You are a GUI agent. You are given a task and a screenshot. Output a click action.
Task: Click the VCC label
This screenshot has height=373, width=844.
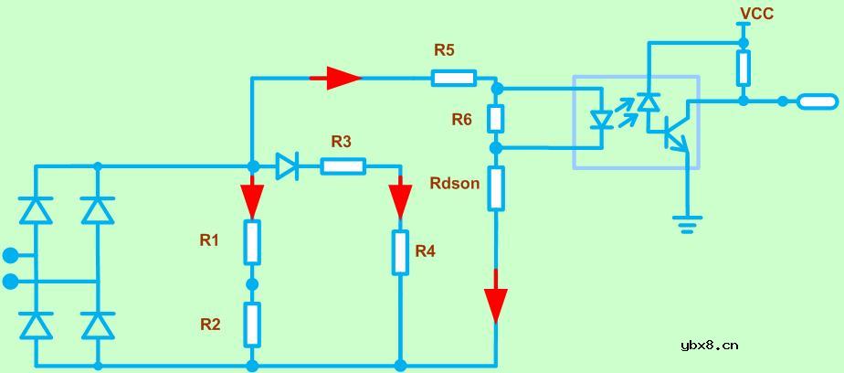(x=756, y=13)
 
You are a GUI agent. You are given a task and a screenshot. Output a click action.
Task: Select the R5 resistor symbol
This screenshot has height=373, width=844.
(x=453, y=78)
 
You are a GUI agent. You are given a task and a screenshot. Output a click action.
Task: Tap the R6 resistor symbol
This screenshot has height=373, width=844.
(x=496, y=118)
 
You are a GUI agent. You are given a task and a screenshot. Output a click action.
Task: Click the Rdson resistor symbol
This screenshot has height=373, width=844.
(x=496, y=187)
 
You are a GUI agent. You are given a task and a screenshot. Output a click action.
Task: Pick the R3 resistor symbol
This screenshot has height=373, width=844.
(x=343, y=165)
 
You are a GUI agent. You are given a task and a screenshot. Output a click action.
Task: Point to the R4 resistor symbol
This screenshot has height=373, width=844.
(x=400, y=252)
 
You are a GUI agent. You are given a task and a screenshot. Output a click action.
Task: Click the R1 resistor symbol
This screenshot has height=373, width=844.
(x=252, y=241)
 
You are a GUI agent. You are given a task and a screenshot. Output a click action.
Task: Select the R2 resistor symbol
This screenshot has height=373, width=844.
(x=252, y=324)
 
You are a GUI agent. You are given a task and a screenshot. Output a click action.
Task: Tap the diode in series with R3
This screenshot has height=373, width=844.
(x=287, y=165)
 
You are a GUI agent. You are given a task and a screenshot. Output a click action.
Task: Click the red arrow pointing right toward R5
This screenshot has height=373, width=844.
(x=336, y=78)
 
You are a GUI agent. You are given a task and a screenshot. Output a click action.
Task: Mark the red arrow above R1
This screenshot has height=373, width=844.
(x=252, y=197)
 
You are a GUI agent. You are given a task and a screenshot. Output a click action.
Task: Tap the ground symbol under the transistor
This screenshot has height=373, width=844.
(x=686, y=222)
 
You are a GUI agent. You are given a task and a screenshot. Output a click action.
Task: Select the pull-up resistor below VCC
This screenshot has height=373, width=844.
(x=744, y=68)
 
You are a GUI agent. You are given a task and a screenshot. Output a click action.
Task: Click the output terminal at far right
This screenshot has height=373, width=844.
(x=817, y=101)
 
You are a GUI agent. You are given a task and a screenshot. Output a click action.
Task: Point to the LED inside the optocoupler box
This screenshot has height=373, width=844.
(x=601, y=120)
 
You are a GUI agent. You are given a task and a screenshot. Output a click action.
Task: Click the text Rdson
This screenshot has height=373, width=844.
(x=454, y=183)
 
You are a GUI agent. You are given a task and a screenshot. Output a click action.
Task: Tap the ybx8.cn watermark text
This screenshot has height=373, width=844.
(x=710, y=345)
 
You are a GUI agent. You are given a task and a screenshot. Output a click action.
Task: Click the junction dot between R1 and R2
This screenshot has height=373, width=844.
(x=252, y=283)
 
